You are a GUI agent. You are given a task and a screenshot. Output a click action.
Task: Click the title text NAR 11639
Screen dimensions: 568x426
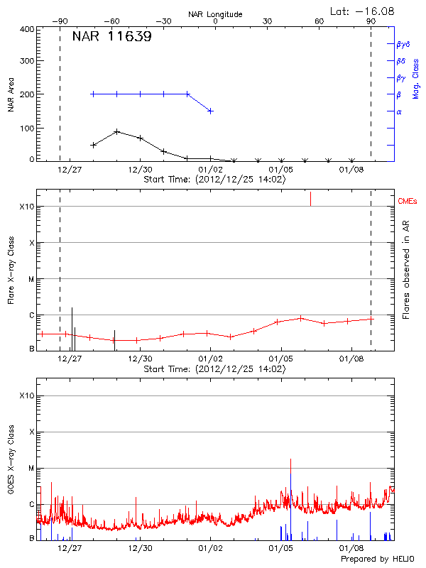(x=111, y=37)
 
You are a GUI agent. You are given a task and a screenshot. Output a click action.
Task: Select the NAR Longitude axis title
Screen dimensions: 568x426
(x=215, y=14)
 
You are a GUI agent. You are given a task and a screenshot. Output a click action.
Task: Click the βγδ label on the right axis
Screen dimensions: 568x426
(x=403, y=44)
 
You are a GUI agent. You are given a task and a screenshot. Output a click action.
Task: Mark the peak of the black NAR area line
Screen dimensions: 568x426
(x=117, y=132)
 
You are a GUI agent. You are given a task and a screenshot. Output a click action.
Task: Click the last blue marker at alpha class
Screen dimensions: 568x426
(x=210, y=111)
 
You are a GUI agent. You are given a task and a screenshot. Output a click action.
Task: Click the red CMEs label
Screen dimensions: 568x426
(x=408, y=202)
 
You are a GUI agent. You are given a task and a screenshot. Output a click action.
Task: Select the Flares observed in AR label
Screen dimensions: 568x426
(x=406, y=271)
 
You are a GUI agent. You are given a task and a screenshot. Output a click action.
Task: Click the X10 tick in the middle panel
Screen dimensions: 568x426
(x=27, y=207)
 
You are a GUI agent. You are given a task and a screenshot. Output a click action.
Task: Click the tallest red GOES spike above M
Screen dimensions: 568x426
(x=290, y=460)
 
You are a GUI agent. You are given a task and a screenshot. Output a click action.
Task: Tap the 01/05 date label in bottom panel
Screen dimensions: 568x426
(x=281, y=548)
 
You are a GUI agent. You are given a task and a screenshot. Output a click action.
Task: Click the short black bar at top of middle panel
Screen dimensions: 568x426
(x=310, y=199)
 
